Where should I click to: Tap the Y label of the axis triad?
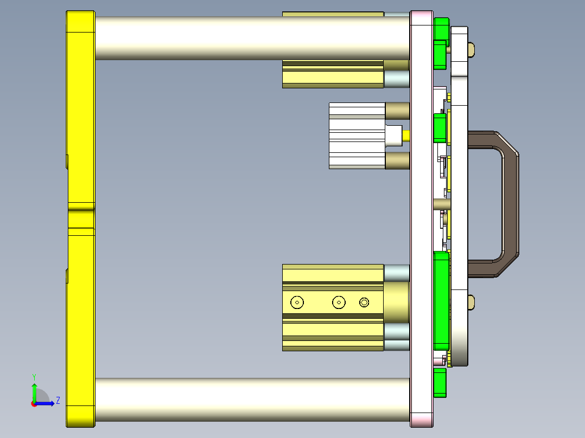(x=34, y=376)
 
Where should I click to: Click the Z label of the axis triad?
(x=58, y=401)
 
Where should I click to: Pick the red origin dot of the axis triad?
(x=34, y=403)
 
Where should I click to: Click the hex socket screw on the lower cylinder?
(x=364, y=302)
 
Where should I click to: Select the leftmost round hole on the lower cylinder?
(x=297, y=302)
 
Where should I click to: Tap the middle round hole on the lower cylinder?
(x=339, y=302)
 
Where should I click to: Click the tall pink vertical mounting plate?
(x=422, y=217)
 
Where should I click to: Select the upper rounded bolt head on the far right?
(x=471, y=50)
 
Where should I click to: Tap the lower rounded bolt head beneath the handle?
(x=471, y=302)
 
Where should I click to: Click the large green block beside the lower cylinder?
(x=441, y=301)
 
